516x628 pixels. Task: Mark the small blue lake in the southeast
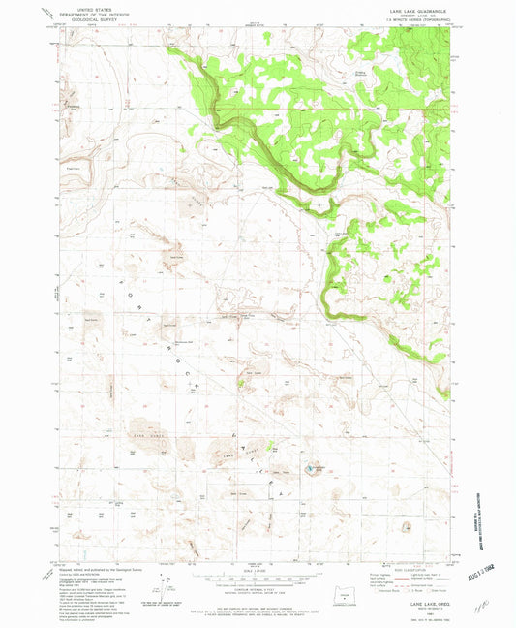click(311, 470)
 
